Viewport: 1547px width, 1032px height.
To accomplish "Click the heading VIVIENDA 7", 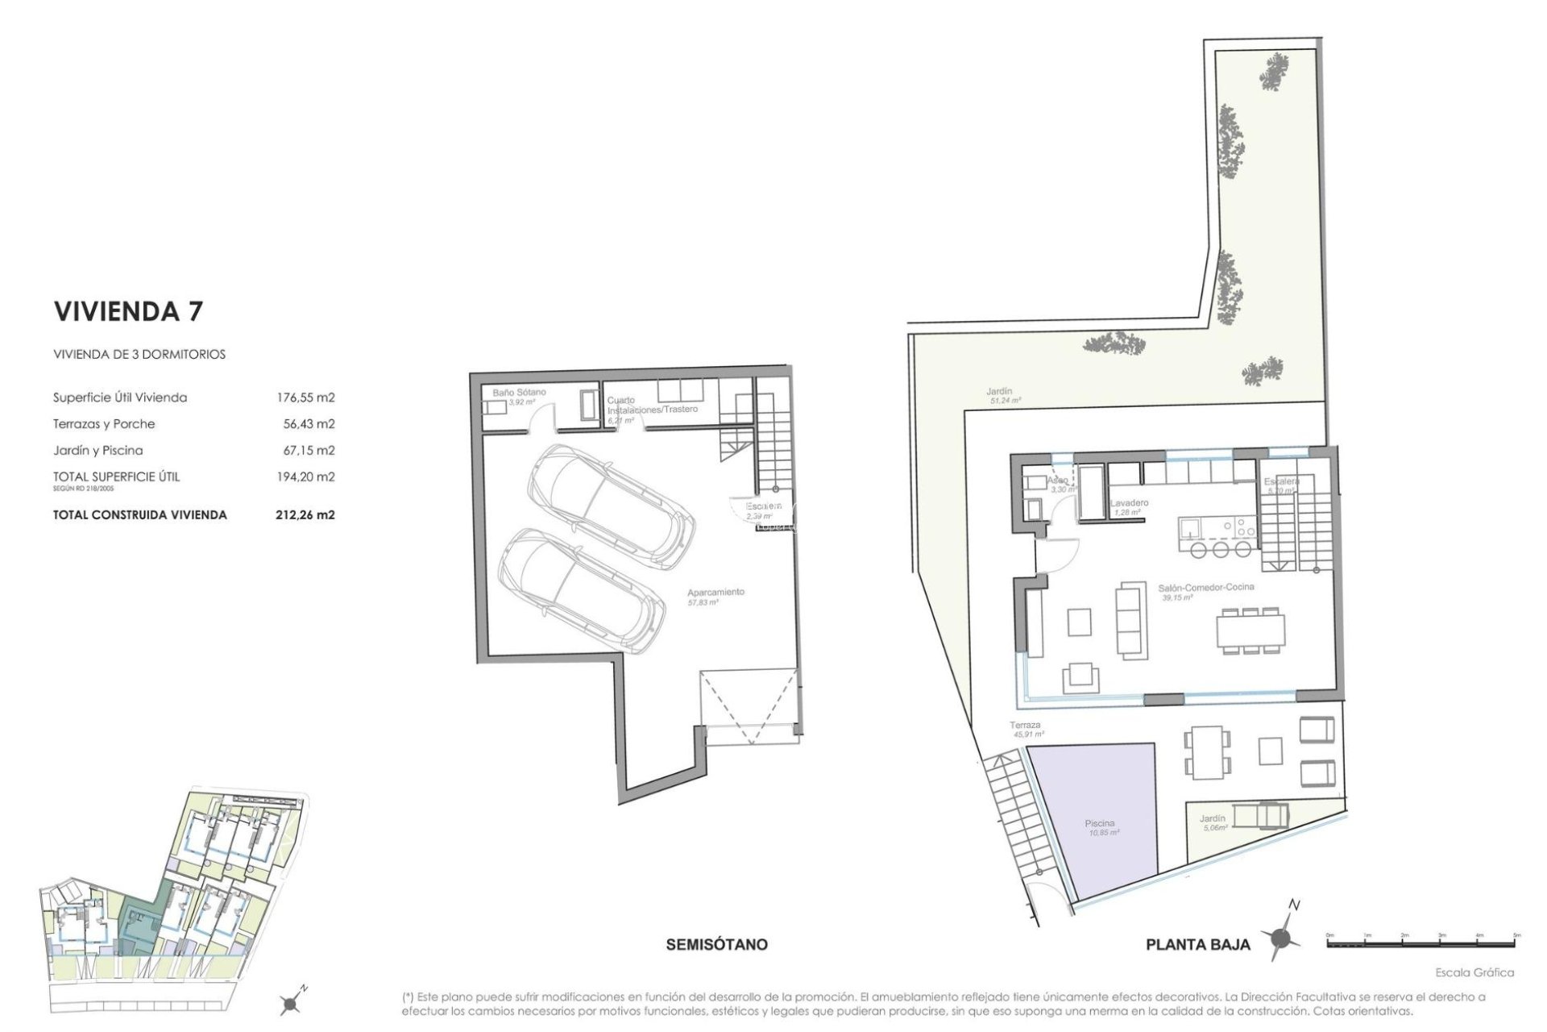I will [x=128, y=311].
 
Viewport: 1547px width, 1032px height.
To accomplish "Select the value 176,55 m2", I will [x=305, y=397].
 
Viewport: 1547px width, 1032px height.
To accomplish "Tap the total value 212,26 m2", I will [x=305, y=514].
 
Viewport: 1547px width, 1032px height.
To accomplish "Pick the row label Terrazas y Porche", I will [x=104, y=424].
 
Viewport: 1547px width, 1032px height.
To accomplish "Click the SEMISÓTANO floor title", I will [x=717, y=944].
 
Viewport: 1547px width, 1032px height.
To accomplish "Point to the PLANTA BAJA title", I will [x=1198, y=945].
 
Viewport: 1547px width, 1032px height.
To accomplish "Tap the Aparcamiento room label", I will [x=716, y=593].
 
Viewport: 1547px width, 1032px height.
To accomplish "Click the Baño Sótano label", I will [x=519, y=393].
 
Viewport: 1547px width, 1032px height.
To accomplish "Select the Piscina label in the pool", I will [x=1099, y=824].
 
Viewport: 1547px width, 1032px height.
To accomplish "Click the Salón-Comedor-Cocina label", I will [x=1206, y=588].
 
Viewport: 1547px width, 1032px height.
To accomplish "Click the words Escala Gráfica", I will [x=1474, y=972].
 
